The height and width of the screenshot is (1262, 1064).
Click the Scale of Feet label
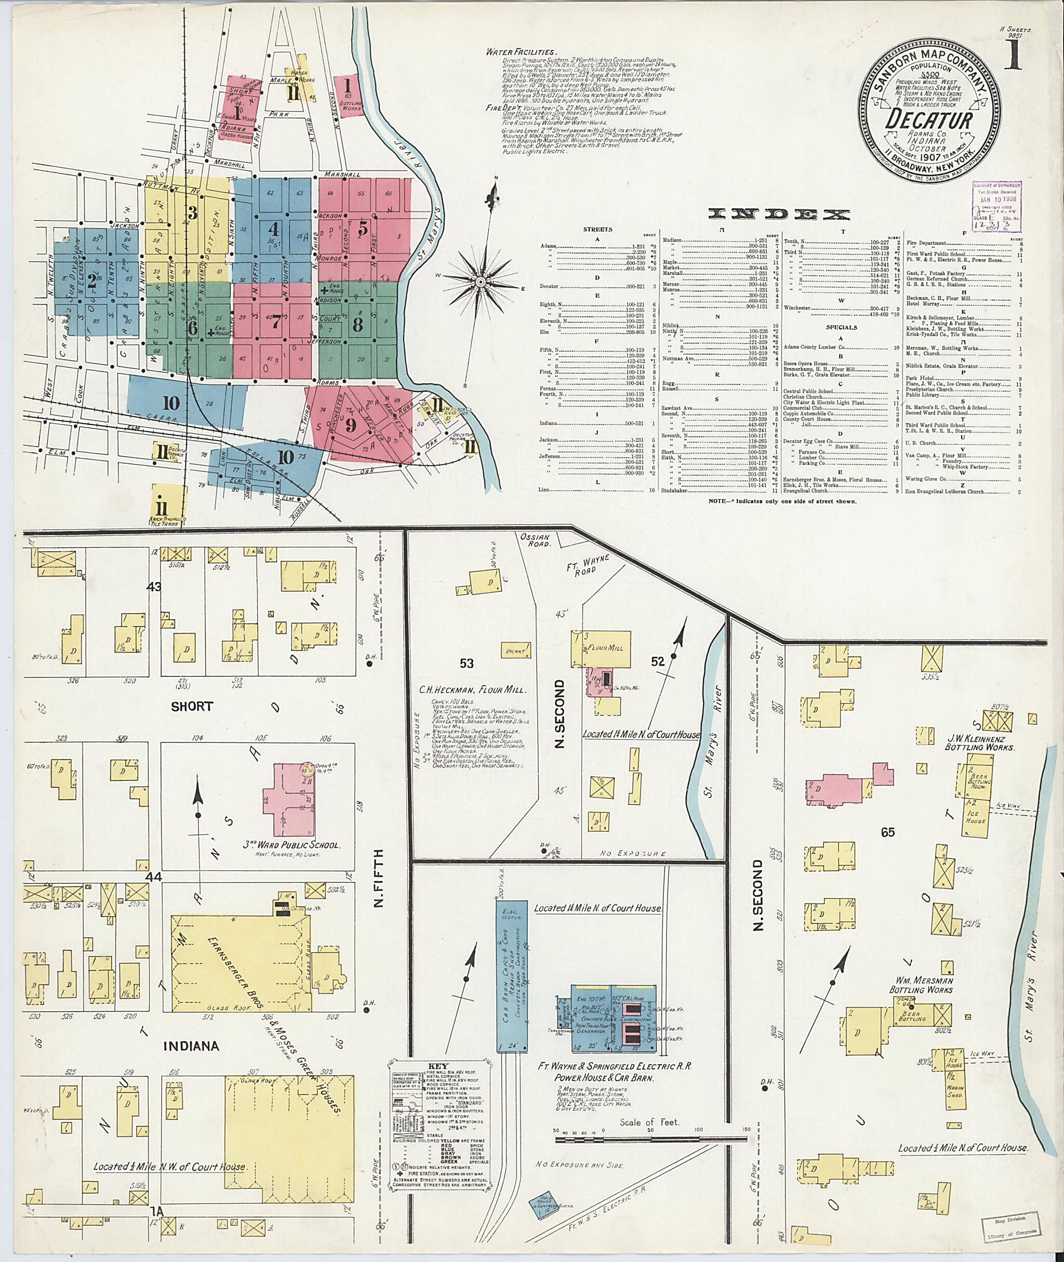649,1122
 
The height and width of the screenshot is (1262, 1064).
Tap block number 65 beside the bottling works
887,832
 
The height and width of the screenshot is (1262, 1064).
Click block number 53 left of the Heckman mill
466,663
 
